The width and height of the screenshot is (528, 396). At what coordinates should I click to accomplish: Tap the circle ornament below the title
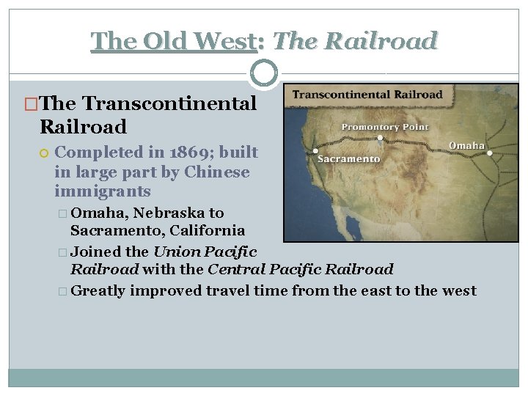tap(264, 73)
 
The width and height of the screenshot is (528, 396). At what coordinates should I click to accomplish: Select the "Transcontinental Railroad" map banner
tap(367, 95)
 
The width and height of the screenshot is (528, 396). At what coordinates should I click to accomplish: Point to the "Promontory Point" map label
tap(384, 127)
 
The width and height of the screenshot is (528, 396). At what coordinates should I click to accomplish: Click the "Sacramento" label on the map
tap(349, 159)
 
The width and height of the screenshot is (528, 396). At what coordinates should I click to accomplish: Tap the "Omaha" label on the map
tap(467, 145)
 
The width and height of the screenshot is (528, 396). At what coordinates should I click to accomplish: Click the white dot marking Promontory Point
tap(379, 137)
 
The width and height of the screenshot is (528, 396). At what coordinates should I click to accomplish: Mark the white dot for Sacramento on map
tap(315, 151)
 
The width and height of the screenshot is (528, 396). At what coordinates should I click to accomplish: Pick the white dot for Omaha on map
tap(490, 153)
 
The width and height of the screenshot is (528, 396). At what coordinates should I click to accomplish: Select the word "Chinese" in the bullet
tap(217, 172)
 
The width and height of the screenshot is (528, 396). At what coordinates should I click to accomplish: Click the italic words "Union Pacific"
tap(205, 252)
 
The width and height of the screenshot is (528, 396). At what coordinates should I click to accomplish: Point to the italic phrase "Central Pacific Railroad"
tap(301, 270)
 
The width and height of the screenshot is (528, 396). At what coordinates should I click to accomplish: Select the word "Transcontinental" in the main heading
tap(170, 103)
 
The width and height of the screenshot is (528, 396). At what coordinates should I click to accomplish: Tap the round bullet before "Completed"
tap(44, 153)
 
